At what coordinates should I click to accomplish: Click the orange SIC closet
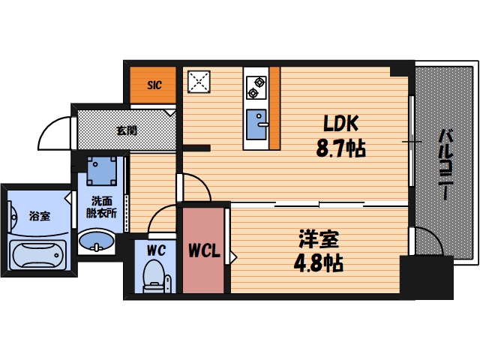[153, 85]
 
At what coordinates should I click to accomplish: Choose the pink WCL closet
[204, 250]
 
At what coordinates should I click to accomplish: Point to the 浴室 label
[39, 217]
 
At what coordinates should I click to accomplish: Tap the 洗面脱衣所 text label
[101, 207]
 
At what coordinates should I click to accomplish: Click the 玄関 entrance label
[126, 130]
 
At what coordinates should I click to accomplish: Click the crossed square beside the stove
[199, 83]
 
